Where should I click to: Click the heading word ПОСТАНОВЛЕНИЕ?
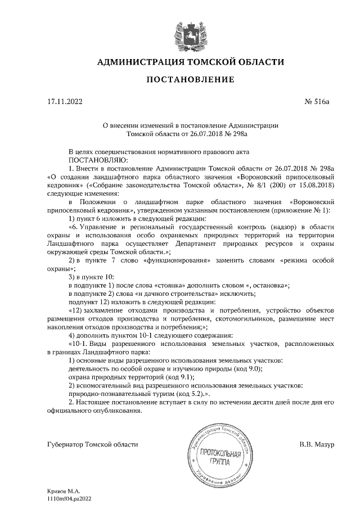point(190,80)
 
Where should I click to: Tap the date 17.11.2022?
point(65,103)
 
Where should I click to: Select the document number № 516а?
point(316,103)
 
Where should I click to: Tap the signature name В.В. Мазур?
point(317,444)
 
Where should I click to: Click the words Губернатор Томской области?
point(92,444)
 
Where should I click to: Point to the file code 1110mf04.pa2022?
point(70,498)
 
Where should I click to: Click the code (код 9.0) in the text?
point(246,368)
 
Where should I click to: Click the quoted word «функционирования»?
point(177,260)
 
